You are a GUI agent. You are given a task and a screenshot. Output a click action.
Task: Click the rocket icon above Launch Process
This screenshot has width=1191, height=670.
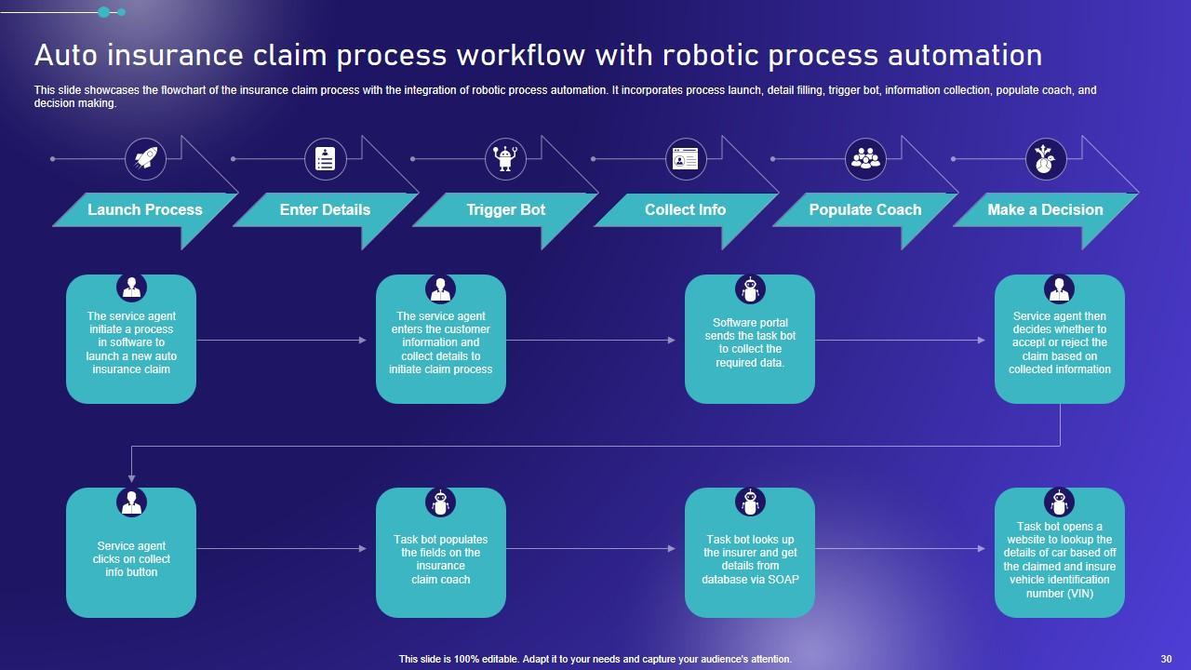pos(146,158)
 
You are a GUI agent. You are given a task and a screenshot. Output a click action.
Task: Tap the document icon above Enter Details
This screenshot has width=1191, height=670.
pos(326,158)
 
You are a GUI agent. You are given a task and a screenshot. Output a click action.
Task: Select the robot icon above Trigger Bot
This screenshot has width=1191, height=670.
pos(505,158)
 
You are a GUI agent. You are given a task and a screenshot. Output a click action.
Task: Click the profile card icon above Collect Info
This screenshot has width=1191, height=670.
pos(686,158)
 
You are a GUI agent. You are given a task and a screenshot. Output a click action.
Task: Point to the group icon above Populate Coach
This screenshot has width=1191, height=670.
pos(865,158)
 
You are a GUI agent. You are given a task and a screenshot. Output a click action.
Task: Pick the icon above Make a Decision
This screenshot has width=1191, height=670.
pos(1045,158)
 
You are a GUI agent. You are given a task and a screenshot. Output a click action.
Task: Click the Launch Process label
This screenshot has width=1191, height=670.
pos(145,209)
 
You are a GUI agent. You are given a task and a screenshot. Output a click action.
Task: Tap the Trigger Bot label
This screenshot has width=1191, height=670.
pos(505,209)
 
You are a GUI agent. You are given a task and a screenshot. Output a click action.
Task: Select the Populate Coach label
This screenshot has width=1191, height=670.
pos(865,209)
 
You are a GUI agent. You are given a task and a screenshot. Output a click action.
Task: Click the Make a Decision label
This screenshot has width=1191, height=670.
pos(1045,209)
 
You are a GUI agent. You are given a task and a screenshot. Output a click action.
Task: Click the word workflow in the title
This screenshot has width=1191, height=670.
pos(521,55)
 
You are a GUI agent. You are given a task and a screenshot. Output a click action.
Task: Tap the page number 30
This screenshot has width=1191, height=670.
pos(1166,659)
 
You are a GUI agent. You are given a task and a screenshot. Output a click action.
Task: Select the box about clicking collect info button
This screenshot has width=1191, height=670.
pos(131,553)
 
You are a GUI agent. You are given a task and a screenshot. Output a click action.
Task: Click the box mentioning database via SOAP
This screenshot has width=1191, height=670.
pos(750,553)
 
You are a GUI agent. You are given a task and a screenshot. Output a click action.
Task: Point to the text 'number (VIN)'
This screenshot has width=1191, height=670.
pos(1060,593)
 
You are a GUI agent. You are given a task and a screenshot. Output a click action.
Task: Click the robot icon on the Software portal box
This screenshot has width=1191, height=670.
pos(750,289)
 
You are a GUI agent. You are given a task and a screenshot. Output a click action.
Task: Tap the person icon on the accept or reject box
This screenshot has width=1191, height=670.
pos(1059,289)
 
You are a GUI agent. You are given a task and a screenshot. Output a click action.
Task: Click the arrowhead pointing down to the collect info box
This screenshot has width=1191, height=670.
pos(131,479)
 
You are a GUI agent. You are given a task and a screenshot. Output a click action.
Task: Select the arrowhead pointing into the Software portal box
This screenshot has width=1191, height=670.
pos(672,340)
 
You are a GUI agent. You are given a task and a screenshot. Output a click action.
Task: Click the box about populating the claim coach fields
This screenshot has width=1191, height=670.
pos(441,553)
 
